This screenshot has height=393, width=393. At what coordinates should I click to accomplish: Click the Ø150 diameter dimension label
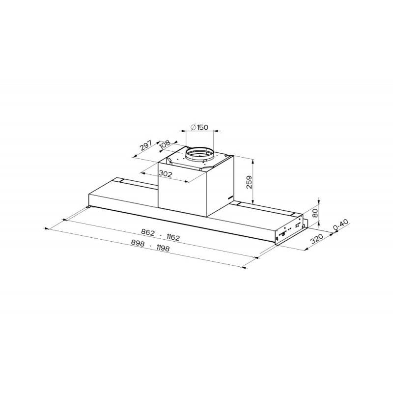[199, 127]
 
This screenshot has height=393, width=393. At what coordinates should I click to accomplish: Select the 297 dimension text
[145, 145]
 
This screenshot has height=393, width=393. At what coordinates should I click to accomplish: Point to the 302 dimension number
[165, 174]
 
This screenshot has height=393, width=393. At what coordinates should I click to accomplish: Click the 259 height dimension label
[249, 182]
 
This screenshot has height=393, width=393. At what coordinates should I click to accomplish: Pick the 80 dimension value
[315, 213]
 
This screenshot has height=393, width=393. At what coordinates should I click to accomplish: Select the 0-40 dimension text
[341, 225]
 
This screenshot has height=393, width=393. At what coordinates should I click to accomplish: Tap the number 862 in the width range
[148, 232]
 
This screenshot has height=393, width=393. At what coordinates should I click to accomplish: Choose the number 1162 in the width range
[173, 237]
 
